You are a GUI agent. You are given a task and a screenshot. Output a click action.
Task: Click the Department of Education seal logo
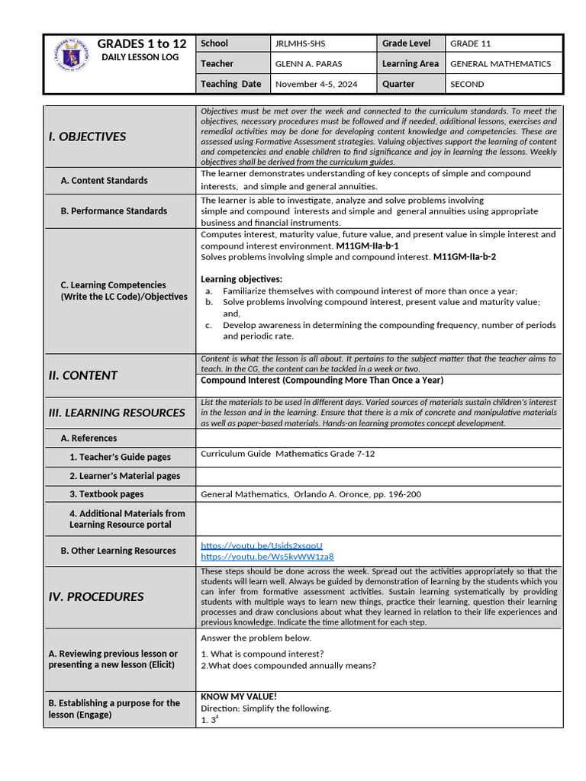point(71,56)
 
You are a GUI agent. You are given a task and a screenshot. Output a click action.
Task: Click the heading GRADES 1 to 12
point(141,43)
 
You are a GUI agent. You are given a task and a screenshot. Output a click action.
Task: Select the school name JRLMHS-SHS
point(300,44)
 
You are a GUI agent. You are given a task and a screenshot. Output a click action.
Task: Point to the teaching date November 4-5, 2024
point(315,84)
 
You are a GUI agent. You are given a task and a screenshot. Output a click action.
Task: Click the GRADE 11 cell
point(470,44)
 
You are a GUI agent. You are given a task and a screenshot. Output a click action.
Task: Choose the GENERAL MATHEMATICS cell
point(501,64)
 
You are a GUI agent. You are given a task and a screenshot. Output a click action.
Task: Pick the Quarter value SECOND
point(468,84)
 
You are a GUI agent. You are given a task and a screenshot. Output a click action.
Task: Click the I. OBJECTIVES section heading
point(87,137)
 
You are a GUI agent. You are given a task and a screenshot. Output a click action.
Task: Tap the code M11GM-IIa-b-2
point(464,257)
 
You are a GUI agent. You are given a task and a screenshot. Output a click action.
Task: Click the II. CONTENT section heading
point(82,375)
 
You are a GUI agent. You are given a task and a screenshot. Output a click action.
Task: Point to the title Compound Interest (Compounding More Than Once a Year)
point(321,380)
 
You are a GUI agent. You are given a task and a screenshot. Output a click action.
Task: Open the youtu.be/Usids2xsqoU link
point(262,545)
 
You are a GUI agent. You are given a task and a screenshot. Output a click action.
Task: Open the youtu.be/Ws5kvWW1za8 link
point(267,557)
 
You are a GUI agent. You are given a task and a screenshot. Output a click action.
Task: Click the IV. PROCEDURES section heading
point(95,597)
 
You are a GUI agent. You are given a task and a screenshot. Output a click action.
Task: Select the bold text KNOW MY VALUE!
point(238,696)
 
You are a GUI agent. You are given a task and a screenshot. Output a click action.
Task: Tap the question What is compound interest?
point(266,654)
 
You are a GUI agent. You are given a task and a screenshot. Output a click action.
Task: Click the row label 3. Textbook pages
point(106,494)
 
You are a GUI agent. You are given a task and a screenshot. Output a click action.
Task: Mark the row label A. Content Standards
point(104,181)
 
